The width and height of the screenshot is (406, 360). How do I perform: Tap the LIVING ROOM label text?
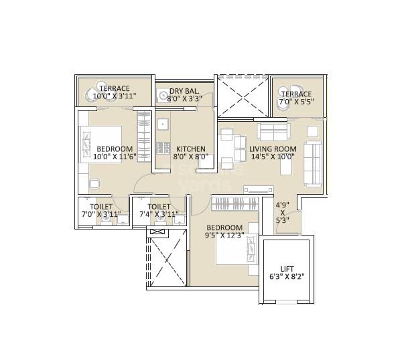273,149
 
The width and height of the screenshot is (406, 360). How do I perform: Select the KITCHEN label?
190,149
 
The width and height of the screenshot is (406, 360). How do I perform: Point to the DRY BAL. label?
183,91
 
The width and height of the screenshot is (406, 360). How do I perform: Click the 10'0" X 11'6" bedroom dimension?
113,157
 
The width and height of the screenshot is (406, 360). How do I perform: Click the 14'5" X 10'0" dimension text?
273,157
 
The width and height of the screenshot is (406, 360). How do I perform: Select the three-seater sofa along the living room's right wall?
313,164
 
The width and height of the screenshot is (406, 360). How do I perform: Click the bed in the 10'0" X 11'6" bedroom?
101,144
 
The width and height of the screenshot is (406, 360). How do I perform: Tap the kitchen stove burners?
161,147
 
